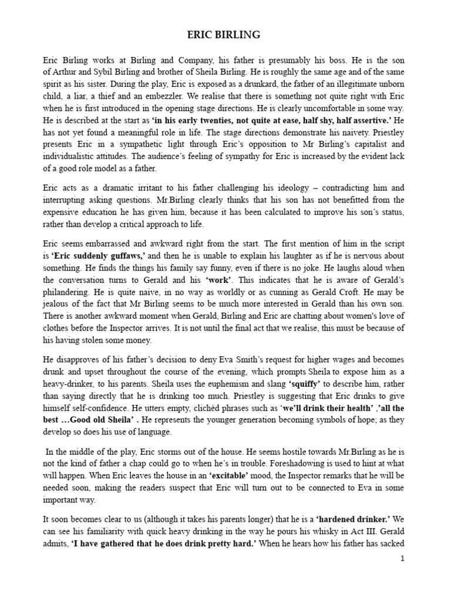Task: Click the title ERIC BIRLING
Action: click(225, 35)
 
